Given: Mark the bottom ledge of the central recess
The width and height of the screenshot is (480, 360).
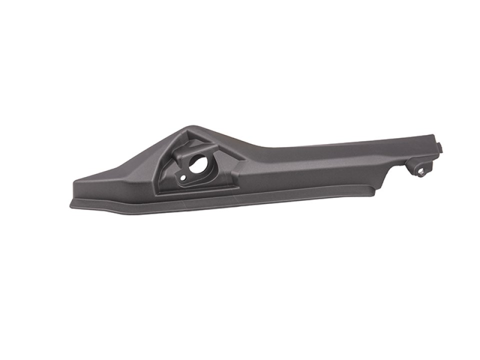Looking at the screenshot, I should pyautogui.click(x=200, y=188).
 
